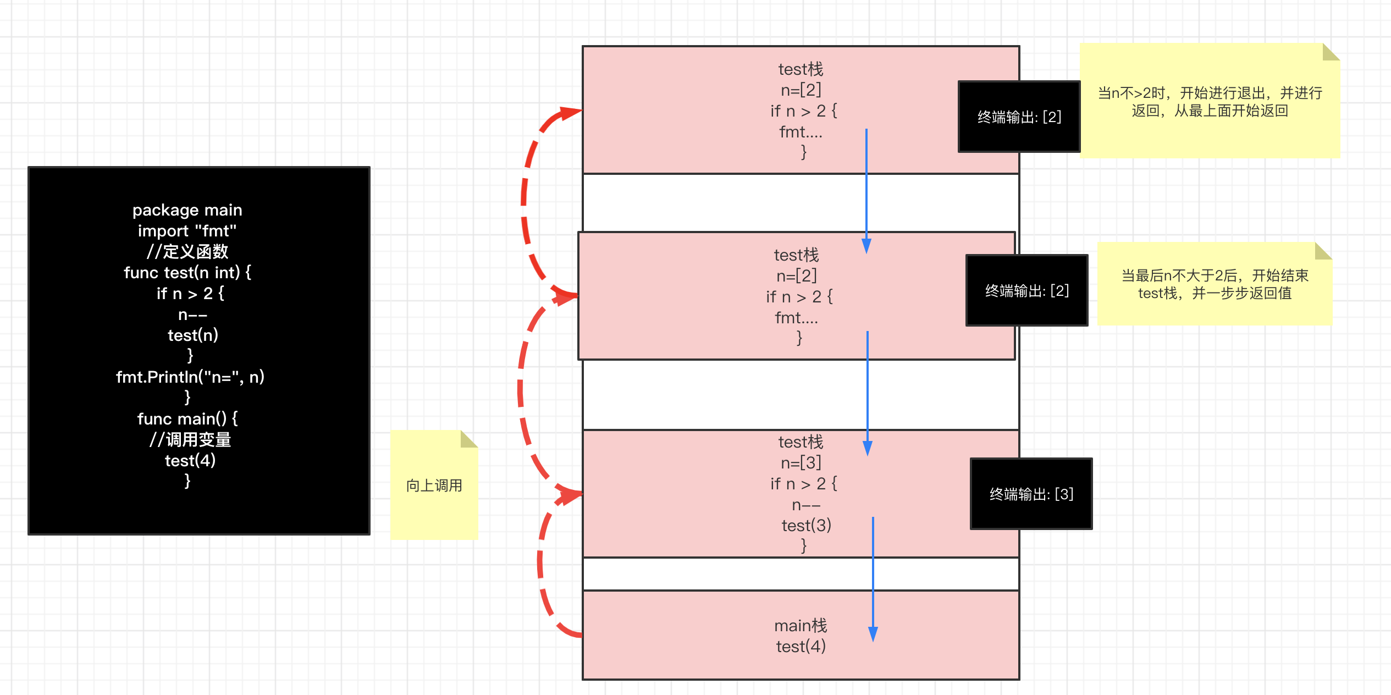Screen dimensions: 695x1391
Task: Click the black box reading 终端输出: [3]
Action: coord(1031,494)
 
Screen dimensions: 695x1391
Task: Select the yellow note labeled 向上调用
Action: coord(434,485)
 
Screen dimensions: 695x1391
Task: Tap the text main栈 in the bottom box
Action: coord(801,626)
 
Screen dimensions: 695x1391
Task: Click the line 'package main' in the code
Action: coord(187,210)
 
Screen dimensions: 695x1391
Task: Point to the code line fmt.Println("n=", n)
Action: coord(190,377)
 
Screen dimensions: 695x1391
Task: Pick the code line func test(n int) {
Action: coord(187,273)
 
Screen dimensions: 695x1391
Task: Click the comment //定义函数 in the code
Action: coord(187,252)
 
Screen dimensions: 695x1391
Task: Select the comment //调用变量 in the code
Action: coord(190,440)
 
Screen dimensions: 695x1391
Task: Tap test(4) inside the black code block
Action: coord(190,461)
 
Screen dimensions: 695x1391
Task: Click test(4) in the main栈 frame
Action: coord(801,647)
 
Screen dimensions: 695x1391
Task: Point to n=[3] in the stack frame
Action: coord(801,463)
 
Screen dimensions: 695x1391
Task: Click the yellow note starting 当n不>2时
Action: coord(1210,101)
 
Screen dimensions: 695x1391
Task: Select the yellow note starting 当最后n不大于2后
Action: coord(1215,284)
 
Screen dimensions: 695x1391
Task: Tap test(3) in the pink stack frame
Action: coord(806,526)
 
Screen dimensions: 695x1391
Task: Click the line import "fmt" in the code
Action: coord(187,231)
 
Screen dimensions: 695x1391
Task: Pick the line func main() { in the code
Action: coord(187,419)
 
